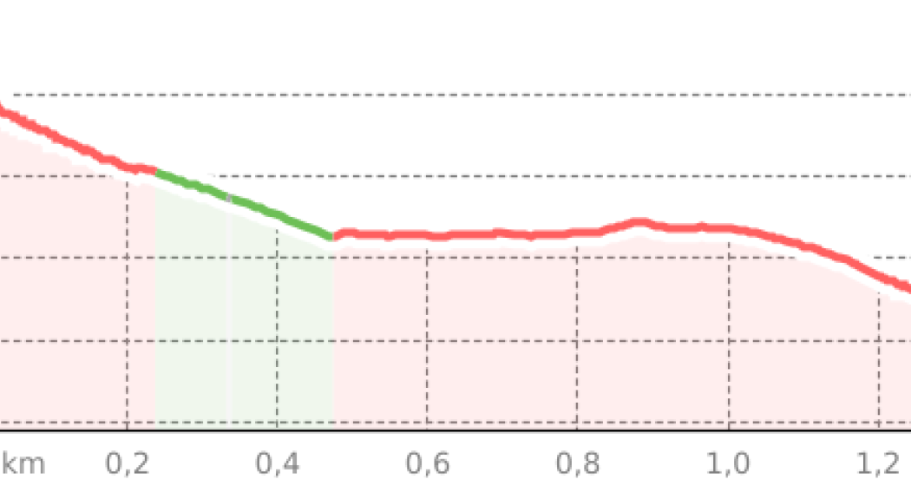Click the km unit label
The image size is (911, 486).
(x=23, y=463)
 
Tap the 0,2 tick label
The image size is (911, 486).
(x=127, y=463)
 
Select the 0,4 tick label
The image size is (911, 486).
(x=278, y=463)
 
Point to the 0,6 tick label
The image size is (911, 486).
(x=428, y=463)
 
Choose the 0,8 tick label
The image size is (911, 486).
(x=578, y=463)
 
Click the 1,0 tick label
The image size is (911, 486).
(x=728, y=463)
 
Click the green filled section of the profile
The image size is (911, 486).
(x=260, y=330)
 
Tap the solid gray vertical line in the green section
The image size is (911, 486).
(x=228, y=347)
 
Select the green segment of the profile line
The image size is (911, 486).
(x=243, y=201)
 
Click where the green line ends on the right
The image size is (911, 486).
(x=332, y=236)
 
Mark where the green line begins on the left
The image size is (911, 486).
(x=157, y=170)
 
